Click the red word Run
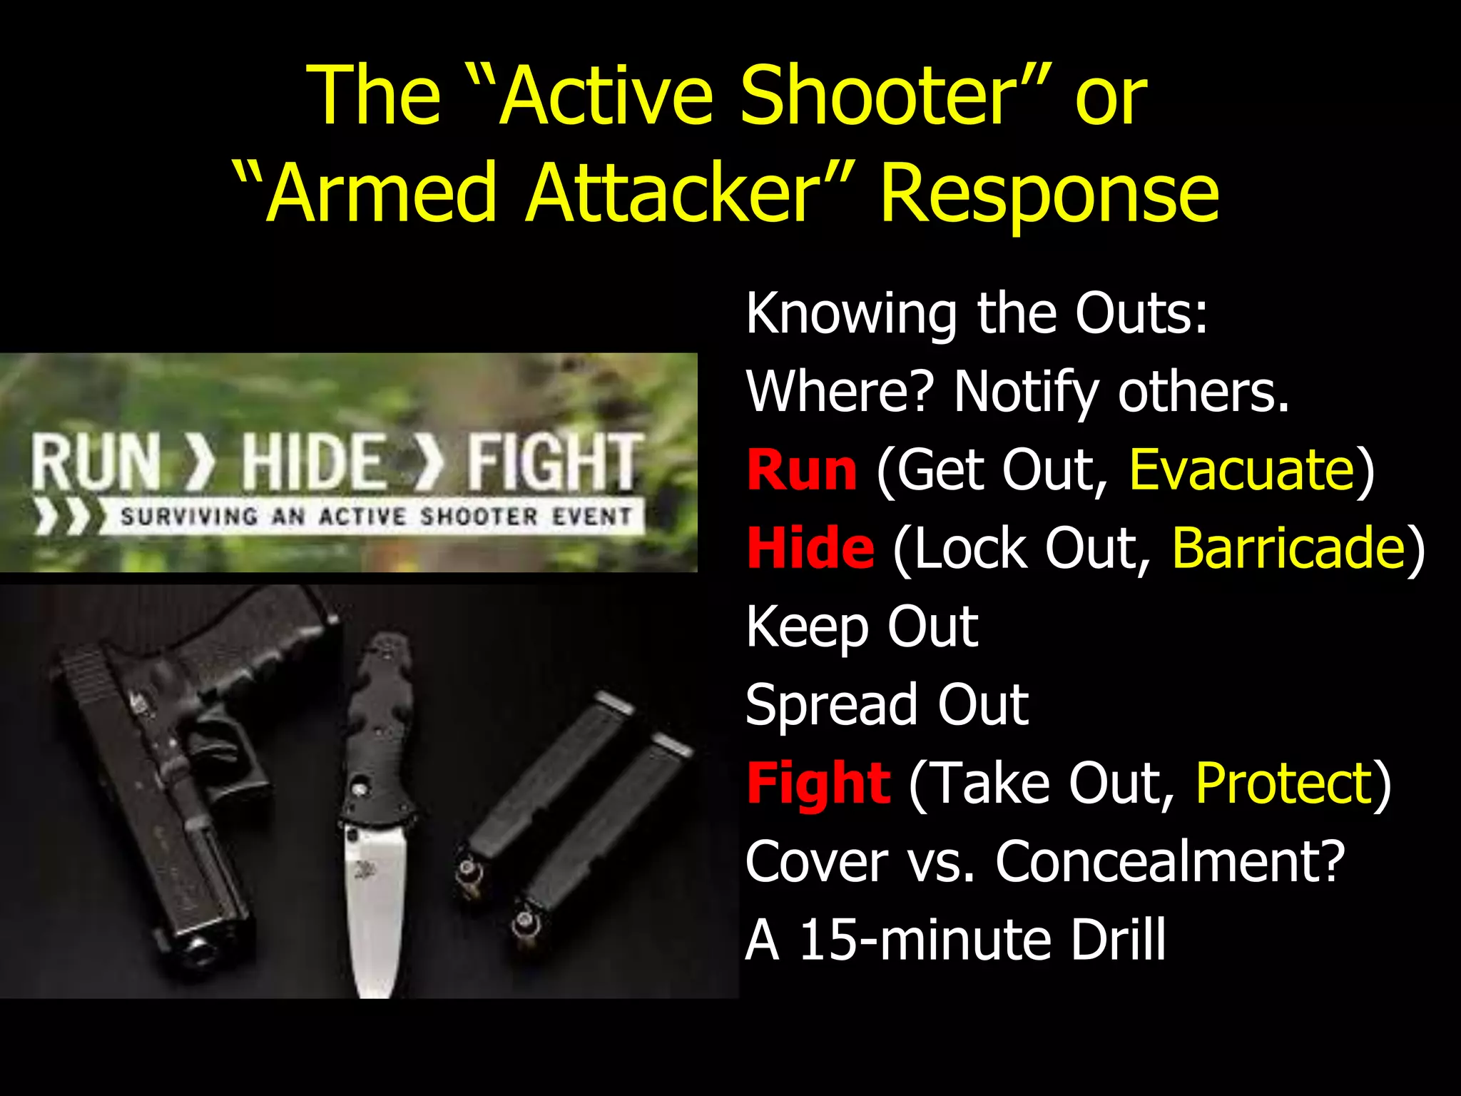pyautogui.click(x=801, y=470)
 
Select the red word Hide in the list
pyautogui.click(x=810, y=548)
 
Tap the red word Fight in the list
pyautogui.click(x=818, y=783)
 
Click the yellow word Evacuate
pyautogui.click(x=1242, y=470)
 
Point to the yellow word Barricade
pyautogui.click(x=1288, y=548)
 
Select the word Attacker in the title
pyautogui.click(x=674, y=193)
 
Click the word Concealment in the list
pyautogui.click(x=1170, y=862)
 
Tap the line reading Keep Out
pyautogui.click(x=862, y=626)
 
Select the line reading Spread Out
pyautogui.click(x=887, y=705)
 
